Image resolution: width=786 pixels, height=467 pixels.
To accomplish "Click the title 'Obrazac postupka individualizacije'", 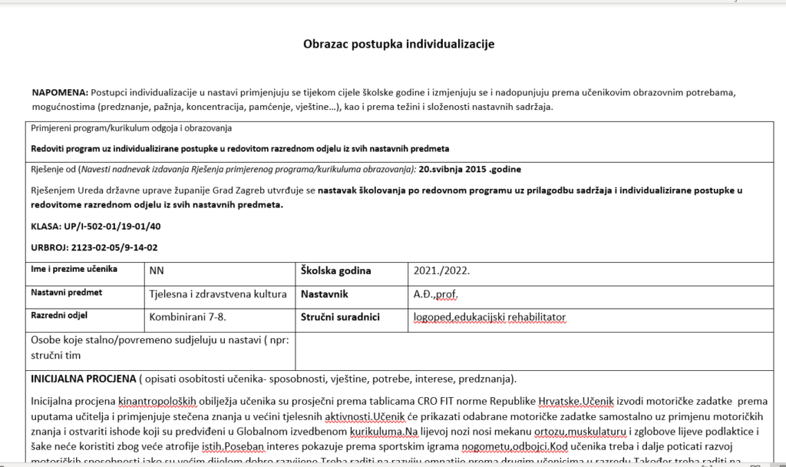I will [x=398, y=44].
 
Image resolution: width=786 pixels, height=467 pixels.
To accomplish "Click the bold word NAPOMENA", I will [x=60, y=92].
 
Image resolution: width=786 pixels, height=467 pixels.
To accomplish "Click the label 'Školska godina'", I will [x=335, y=270].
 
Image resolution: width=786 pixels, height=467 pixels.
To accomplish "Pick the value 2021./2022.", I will [x=441, y=270].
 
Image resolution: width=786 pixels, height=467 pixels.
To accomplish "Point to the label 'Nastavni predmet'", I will [x=66, y=293].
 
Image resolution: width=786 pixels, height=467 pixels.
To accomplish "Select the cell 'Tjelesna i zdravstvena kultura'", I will [x=217, y=293].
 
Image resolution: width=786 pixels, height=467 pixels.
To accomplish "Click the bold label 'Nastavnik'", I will [x=325, y=293].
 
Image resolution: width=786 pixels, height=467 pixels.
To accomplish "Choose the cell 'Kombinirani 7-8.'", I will [x=187, y=316].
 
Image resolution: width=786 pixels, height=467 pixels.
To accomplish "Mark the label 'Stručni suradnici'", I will [x=340, y=316].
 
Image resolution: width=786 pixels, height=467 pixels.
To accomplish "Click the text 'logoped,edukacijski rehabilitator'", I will [x=489, y=316].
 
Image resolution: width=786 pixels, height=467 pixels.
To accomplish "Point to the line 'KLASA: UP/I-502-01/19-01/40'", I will [x=96, y=226].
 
